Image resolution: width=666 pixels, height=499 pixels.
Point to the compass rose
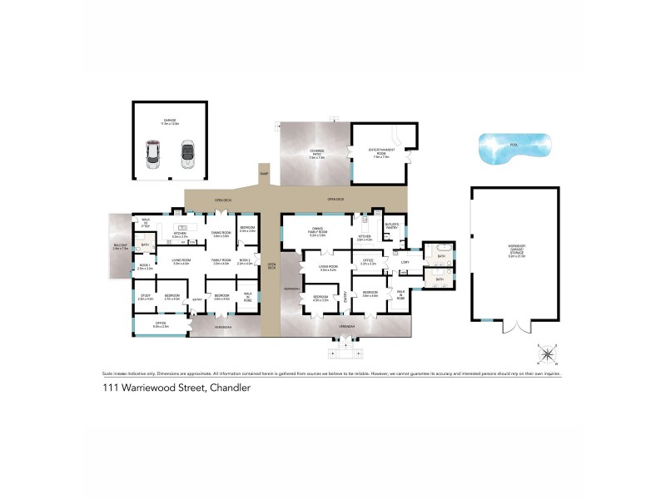click(548, 356)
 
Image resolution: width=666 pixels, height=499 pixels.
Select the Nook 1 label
click(144, 267)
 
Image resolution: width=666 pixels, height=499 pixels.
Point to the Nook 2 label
click(244, 261)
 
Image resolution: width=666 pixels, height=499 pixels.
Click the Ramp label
click(264, 174)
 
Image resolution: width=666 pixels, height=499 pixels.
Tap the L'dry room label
click(405, 263)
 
